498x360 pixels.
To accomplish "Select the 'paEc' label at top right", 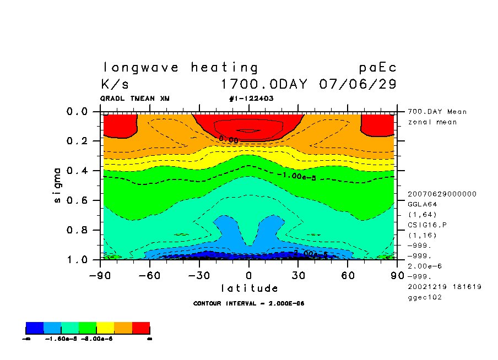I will pyautogui.click(x=377, y=68).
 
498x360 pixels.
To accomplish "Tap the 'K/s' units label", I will pyautogui.click(x=115, y=85).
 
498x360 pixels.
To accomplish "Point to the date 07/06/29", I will pyautogui.click(x=358, y=85).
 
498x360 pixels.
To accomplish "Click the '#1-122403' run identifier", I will pyautogui.click(x=251, y=99).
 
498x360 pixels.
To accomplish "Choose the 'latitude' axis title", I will pyautogui.click(x=250, y=288).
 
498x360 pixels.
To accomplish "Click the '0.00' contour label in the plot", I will pyautogui.click(x=229, y=140).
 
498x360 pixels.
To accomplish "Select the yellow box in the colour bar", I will pyautogui.click(x=105, y=329).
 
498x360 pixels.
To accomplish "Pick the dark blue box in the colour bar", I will pyautogui.click(x=35, y=329).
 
